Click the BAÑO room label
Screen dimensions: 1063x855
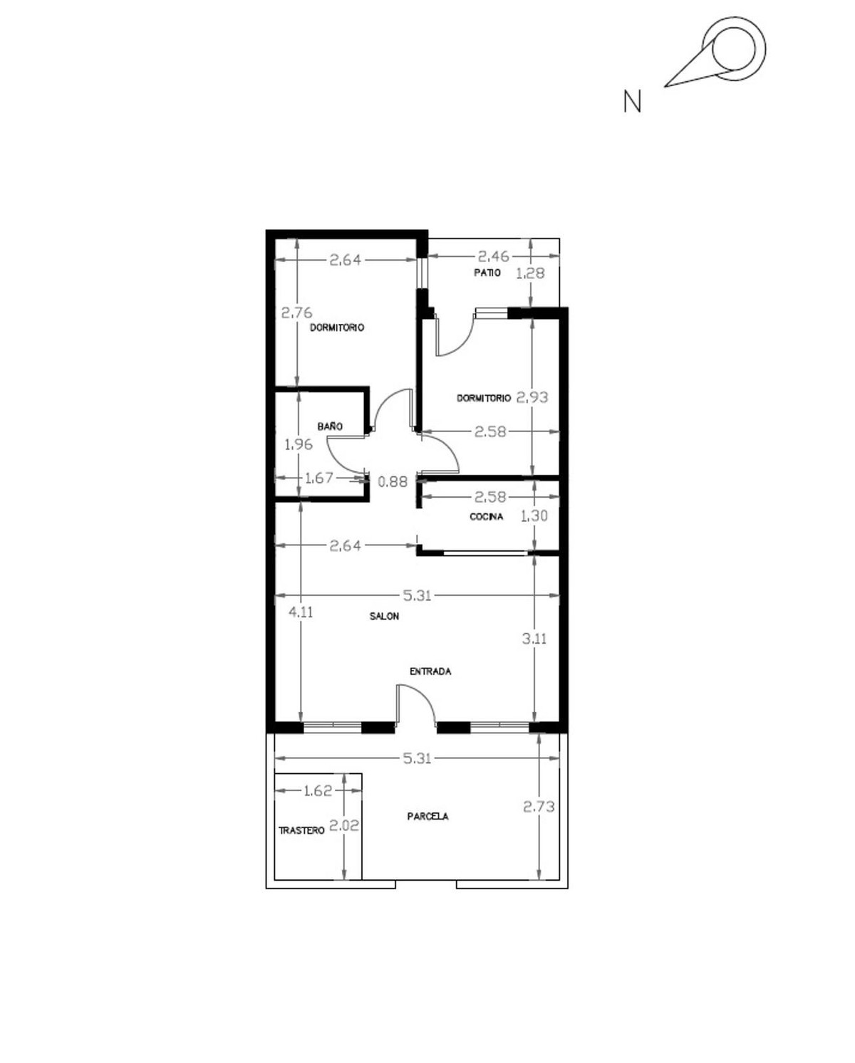[x=330, y=426]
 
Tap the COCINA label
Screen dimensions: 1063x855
[x=487, y=517]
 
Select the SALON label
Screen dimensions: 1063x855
[x=384, y=617]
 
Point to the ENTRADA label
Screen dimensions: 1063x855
[x=430, y=671]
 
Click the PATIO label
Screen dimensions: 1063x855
[x=487, y=273]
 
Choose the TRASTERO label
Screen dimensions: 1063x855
[x=301, y=831]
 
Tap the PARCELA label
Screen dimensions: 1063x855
[x=428, y=817]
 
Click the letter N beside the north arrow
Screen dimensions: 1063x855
[x=632, y=102]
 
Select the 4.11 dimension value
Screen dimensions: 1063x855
[x=301, y=612]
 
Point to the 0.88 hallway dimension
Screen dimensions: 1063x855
[x=393, y=482]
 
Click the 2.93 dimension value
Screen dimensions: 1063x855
[x=532, y=397]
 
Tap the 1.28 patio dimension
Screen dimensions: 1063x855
[x=530, y=273]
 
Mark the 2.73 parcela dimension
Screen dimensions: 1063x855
[x=539, y=807]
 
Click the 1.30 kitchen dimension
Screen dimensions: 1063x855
[x=534, y=516]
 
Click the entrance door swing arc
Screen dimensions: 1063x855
[x=418, y=701]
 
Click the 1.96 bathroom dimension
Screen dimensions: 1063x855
[x=298, y=445]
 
